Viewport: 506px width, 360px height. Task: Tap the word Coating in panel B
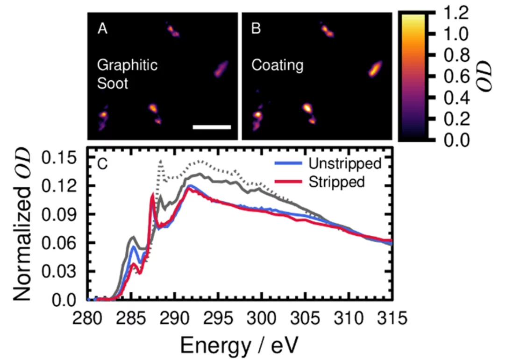(x=277, y=65)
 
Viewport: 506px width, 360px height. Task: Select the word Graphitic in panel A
(x=127, y=65)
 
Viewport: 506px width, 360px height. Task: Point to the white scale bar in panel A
(x=212, y=127)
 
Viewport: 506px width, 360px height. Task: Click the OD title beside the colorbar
(x=490, y=77)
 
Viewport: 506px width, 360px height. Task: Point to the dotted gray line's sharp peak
(x=161, y=161)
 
